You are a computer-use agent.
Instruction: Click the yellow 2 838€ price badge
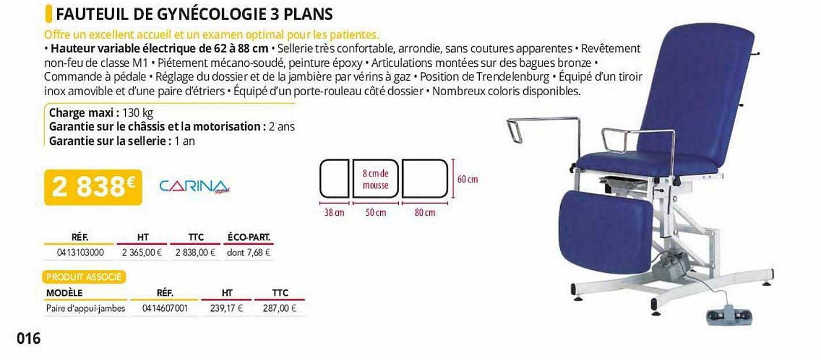[93, 187]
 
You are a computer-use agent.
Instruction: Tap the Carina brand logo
[194, 186]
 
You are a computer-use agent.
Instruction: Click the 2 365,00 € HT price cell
[142, 252]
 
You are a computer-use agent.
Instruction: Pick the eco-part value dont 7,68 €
[248, 252]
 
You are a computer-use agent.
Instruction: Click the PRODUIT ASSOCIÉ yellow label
[84, 277]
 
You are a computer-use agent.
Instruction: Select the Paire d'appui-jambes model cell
[85, 308]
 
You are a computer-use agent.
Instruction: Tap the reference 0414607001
[165, 308]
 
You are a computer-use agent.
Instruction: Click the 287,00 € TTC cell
[279, 308]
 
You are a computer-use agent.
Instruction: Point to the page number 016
[29, 338]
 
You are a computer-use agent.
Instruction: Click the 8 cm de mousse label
[376, 179]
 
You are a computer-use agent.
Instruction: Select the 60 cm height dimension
[467, 179]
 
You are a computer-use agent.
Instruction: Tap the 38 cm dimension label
[334, 213]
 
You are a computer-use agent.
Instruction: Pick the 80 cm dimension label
[425, 213]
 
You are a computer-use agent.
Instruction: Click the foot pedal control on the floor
[728, 316]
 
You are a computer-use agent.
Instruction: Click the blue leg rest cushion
[605, 231]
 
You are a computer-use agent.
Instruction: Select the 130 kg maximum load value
[138, 114]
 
